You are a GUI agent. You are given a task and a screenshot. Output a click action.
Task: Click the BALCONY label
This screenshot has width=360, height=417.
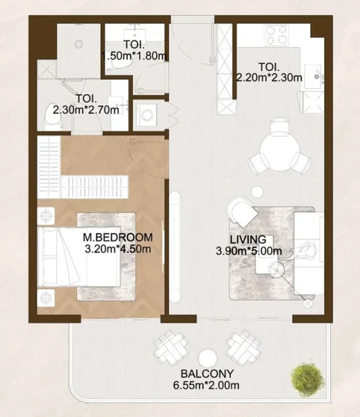pos(204,372)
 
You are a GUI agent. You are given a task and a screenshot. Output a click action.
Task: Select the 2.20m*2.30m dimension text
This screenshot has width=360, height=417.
pos(269,77)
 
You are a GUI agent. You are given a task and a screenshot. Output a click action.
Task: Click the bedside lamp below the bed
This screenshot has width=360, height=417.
pos(47,300)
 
